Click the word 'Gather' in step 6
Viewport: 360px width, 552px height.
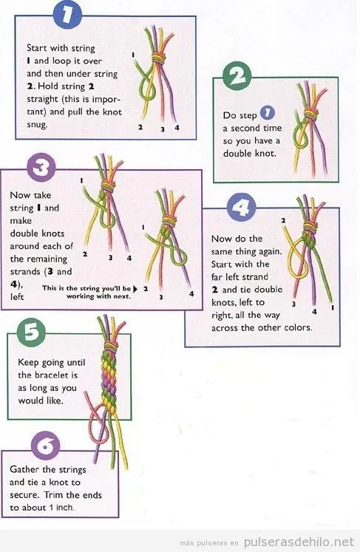27,469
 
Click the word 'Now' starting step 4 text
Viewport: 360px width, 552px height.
223,239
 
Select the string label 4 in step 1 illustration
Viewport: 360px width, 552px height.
177,127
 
